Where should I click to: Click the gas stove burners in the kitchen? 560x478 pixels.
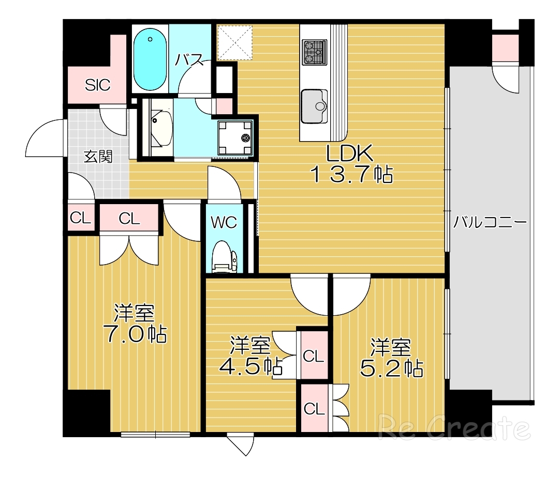coord(315,52)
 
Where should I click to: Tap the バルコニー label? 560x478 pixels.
coord(490,223)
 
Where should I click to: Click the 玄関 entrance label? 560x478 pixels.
coord(98,156)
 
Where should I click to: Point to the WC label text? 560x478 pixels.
coord(224,222)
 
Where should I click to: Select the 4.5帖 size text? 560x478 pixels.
coord(250,366)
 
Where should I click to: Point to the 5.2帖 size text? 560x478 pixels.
coord(391,368)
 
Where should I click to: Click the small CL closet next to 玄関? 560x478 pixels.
coord(80,218)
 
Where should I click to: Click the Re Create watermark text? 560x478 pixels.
coord(454,428)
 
